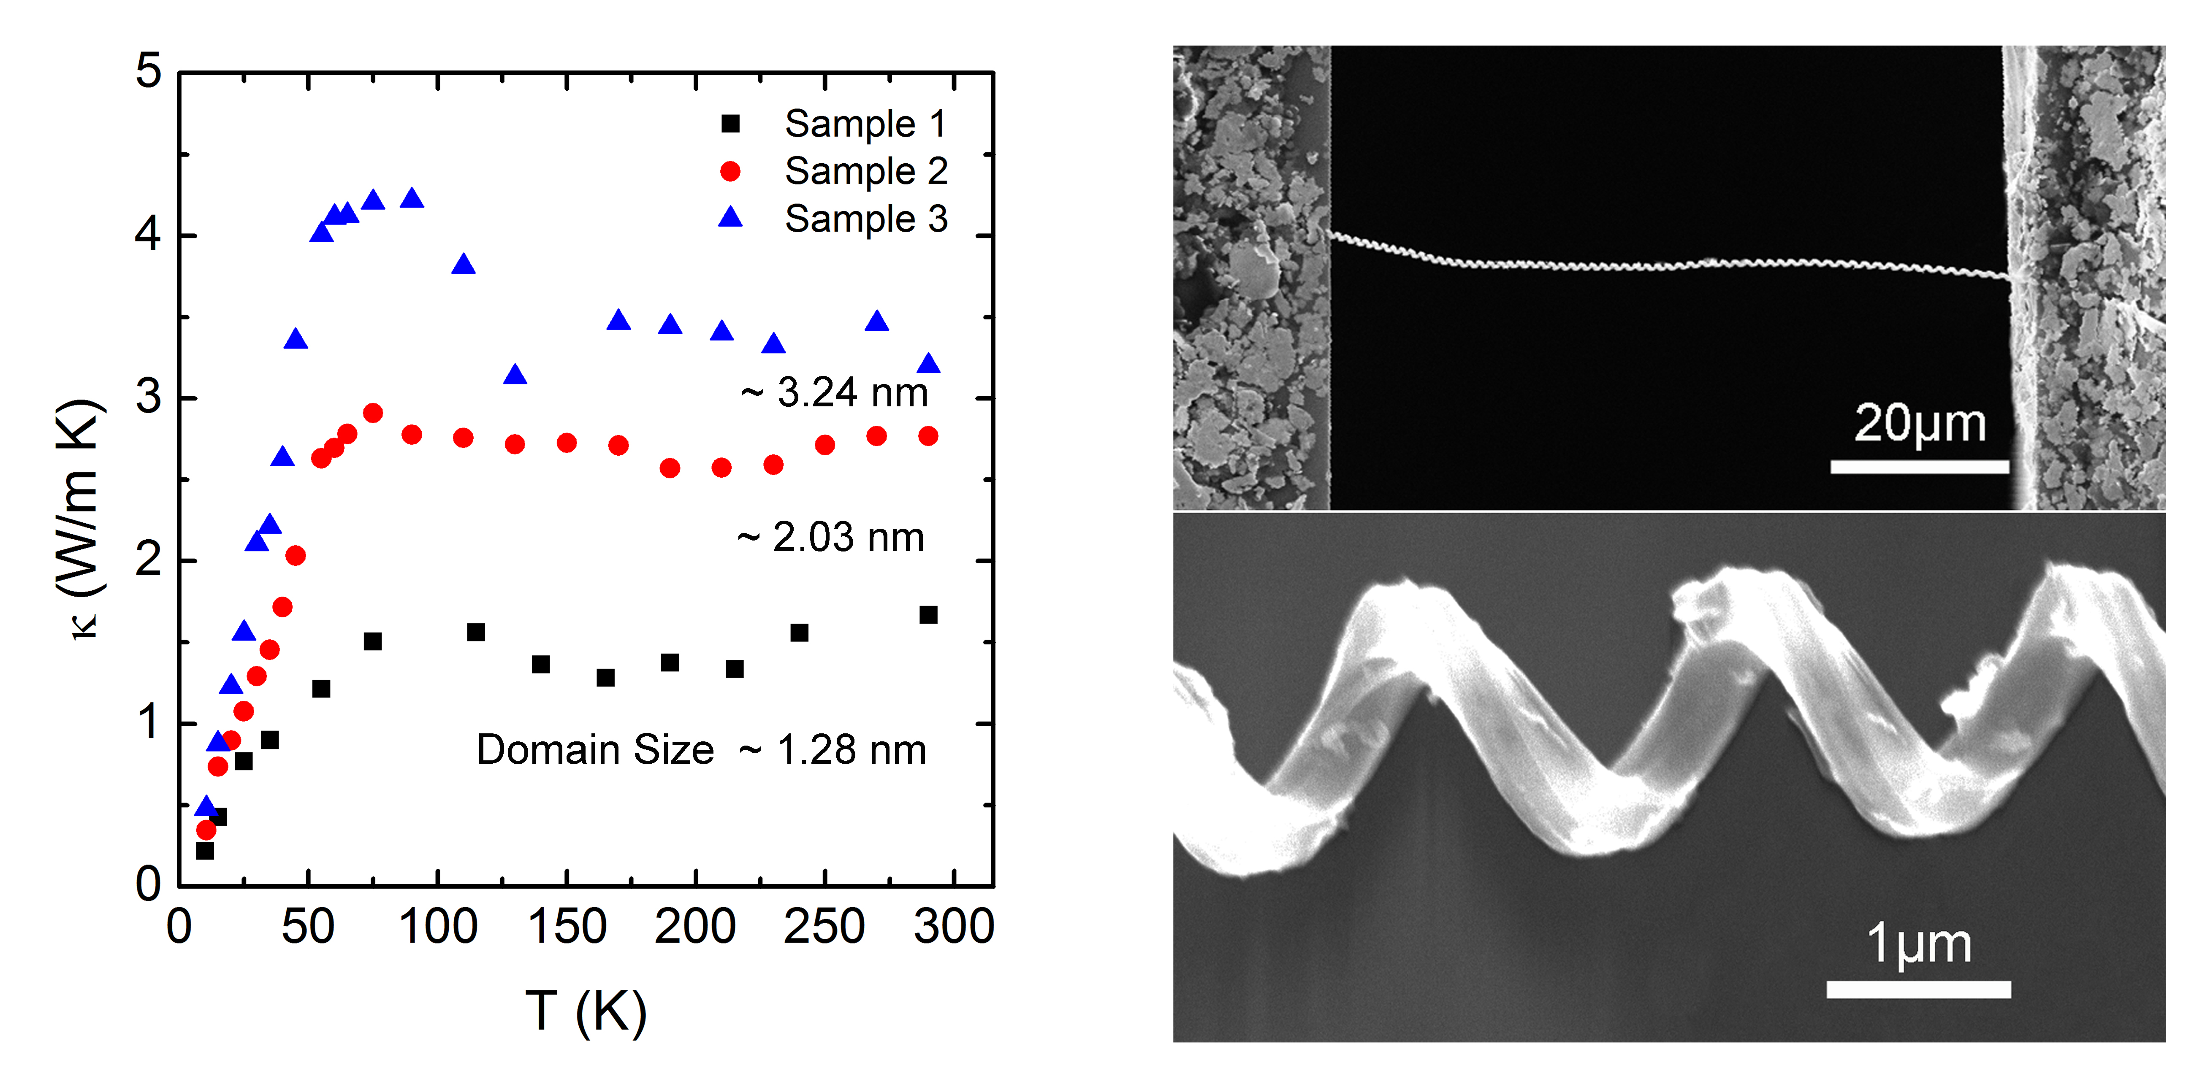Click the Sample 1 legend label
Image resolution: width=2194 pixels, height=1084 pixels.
[x=865, y=124]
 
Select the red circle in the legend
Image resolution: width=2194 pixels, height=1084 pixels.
[x=730, y=171]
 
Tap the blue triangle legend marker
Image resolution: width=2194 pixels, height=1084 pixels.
[x=730, y=218]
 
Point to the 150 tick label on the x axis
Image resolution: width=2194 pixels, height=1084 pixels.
[x=567, y=927]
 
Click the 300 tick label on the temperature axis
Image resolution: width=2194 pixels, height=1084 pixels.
[x=954, y=927]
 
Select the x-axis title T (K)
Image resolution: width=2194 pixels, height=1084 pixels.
[x=586, y=1011]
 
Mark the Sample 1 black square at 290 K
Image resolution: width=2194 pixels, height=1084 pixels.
[x=928, y=615]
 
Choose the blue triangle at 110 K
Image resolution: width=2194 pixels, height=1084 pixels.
[x=464, y=264]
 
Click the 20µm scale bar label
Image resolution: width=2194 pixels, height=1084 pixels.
[x=1920, y=424]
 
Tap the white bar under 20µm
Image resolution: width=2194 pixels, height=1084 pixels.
[x=1920, y=467]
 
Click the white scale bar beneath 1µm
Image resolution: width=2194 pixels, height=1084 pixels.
[x=1918, y=989]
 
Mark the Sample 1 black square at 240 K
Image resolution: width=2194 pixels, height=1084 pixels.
[x=799, y=633]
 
